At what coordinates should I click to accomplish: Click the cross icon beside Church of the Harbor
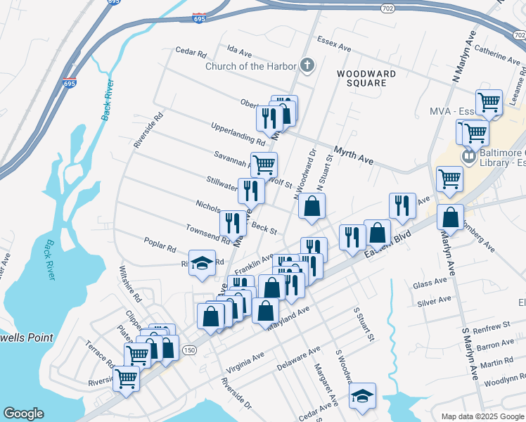pyautogui.click(x=306, y=66)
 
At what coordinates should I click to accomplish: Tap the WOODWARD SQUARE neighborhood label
pyautogui.click(x=361, y=78)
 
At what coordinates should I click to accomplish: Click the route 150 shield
pyautogui.click(x=188, y=350)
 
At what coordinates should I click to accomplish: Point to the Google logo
pyautogui.click(x=23, y=414)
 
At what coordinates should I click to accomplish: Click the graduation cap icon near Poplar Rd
pyautogui.click(x=202, y=263)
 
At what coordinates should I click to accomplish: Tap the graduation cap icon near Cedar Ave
pyautogui.click(x=362, y=396)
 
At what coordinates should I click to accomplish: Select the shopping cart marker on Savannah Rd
pyautogui.click(x=264, y=165)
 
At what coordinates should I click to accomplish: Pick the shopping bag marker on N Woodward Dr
pyautogui.click(x=312, y=206)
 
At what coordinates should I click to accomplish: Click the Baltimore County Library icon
pyautogui.click(x=468, y=154)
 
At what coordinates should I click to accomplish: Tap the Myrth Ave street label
pyautogui.click(x=353, y=155)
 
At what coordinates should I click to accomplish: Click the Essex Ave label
pyautogui.click(x=333, y=44)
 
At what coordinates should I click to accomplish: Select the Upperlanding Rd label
pyautogui.click(x=238, y=134)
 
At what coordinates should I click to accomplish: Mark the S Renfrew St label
pyautogui.click(x=491, y=327)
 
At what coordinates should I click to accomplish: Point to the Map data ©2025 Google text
pyautogui.click(x=482, y=416)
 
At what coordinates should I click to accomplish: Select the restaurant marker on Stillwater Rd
pyautogui.click(x=251, y=189)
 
